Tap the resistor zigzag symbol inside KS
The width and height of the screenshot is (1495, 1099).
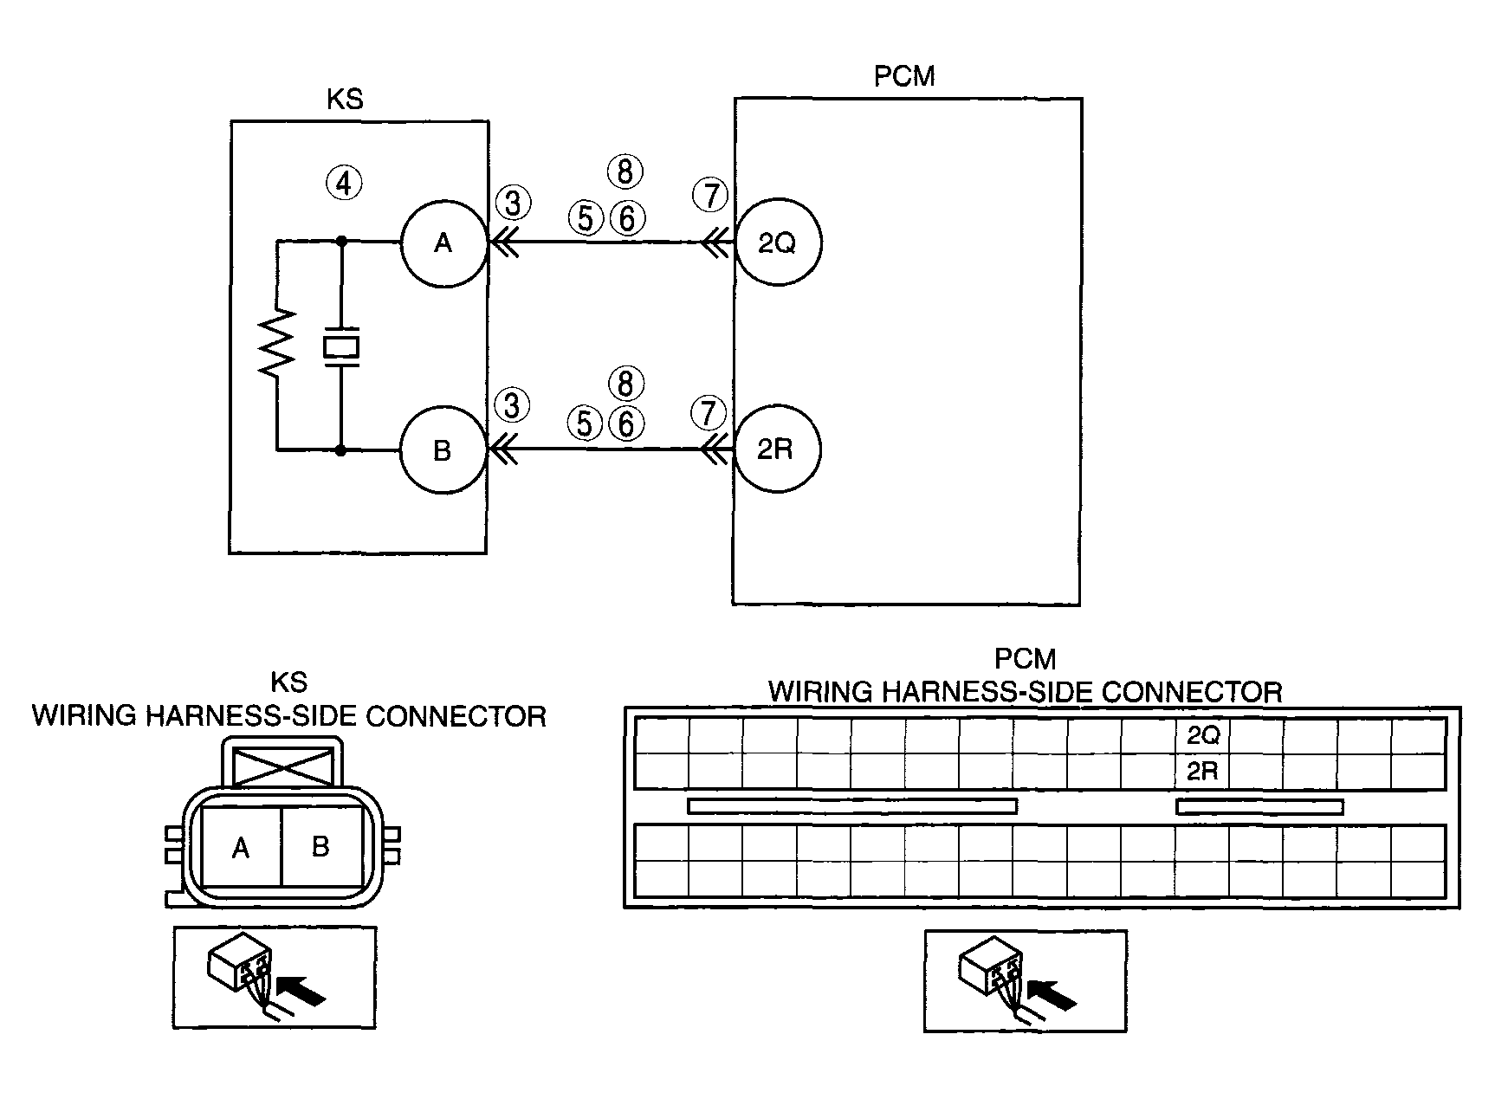277,343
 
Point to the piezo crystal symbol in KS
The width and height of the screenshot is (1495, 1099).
341,346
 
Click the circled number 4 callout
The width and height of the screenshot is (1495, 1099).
344,183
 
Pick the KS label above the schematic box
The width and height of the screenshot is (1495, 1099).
345,100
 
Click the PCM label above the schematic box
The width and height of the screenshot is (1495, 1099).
904,77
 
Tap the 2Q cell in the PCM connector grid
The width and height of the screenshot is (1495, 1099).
1203,735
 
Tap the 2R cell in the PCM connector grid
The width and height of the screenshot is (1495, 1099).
1203,771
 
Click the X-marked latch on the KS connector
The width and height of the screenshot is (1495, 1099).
284,767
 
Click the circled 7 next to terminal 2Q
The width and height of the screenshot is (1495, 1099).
710,196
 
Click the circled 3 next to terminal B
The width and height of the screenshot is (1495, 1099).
512,405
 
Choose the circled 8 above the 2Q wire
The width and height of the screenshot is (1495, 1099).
625,171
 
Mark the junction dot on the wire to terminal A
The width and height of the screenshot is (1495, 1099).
341,242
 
